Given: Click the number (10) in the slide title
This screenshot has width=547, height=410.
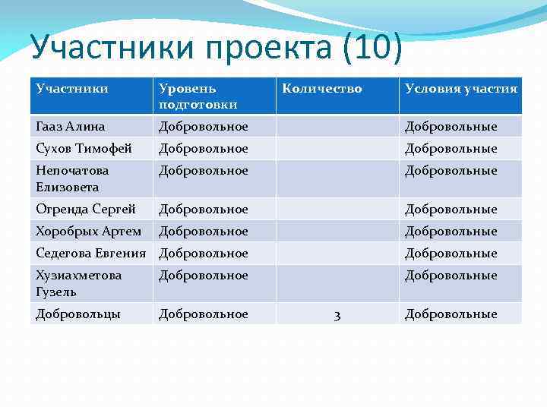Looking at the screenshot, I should [372, 49].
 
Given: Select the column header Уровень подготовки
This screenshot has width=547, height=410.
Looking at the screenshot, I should [198, 96].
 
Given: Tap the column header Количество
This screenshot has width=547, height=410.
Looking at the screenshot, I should [322, 89].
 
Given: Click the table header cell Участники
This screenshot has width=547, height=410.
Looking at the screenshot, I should [71, 89].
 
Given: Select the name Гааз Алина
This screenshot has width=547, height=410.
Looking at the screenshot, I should [71, 126].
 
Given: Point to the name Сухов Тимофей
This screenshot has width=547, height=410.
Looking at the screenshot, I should [84, 148].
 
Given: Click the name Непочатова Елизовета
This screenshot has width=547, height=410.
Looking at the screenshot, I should [72, 178].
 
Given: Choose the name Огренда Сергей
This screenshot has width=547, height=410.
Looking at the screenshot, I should [86, 209].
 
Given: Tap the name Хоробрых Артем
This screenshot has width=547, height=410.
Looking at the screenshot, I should [88, 231].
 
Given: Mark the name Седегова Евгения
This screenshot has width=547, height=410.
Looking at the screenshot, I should [91, 253].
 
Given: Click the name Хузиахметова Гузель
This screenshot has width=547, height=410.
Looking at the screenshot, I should [78, 283].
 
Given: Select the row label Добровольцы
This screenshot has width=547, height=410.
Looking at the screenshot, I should [78, 314].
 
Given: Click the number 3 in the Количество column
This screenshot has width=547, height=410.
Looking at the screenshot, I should [337, 314].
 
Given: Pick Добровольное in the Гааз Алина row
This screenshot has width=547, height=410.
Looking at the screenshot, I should [203, 126].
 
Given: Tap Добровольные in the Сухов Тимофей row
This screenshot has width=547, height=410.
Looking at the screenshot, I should [451, 148].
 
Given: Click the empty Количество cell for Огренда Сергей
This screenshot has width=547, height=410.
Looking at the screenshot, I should [337, 209].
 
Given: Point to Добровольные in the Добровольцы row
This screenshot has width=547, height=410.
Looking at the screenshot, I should [451, 314].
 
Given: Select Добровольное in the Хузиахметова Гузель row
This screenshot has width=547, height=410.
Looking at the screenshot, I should [203, 276].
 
